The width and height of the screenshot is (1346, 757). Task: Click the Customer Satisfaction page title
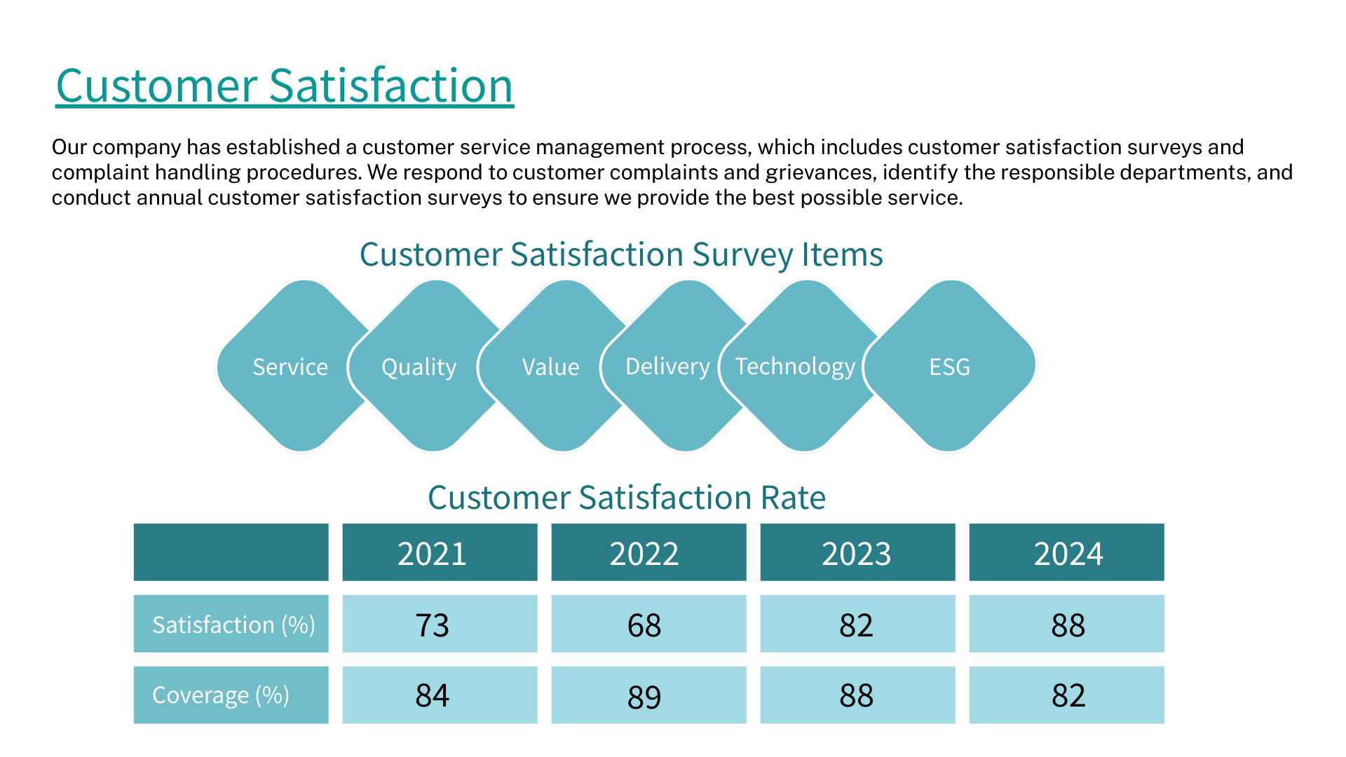(285, 86)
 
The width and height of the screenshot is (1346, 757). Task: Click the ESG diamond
(950, 367)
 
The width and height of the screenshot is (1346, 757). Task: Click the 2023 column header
(857, 553)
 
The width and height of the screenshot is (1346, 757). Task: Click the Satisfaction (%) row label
(231, 624)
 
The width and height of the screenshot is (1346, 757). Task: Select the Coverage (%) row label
(231, 695)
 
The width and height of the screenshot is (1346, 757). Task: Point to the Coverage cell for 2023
(857, 695)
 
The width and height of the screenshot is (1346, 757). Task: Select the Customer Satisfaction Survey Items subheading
(621, 254)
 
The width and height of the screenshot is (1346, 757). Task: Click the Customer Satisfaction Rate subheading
(627, 498)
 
